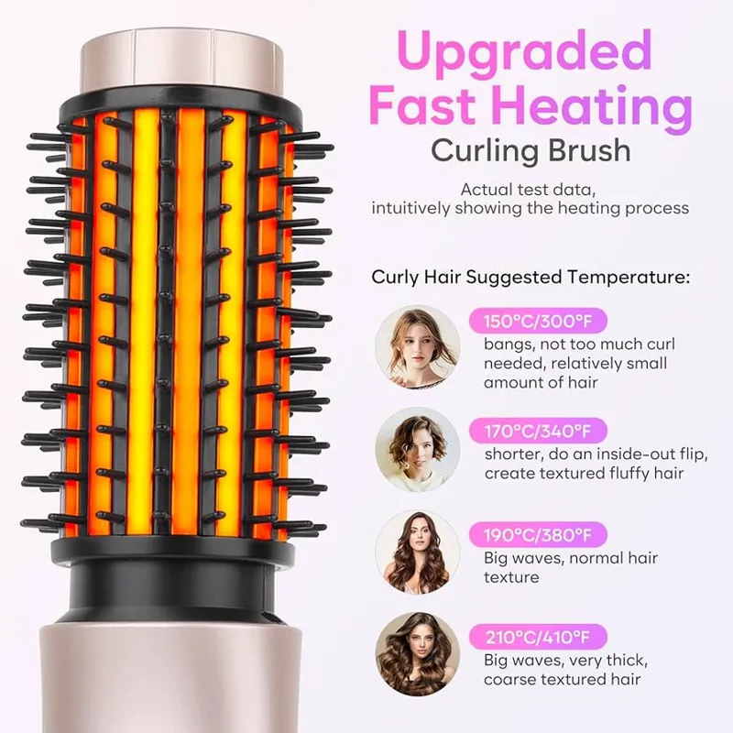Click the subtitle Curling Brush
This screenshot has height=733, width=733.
[x=531, y=151]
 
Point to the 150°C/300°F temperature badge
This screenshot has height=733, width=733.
[x=538, y=322]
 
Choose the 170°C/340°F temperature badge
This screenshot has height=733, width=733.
[x=538, y=431]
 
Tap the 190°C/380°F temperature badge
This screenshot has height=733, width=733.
[x=538, y=534]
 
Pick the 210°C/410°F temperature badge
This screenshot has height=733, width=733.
[x=538, y=637]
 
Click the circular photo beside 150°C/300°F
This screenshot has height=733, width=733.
[x=418, y=347]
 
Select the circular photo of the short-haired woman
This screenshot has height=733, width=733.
[x=418, y=450]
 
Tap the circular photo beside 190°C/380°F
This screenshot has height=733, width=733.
[x=418, y=552]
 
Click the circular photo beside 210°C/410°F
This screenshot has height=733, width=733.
[x=418, y=654]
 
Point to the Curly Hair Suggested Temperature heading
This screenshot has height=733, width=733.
[x=531, y=278]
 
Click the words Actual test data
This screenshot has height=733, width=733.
[x=529, y=190]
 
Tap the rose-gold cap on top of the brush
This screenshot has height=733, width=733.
[x=182, y=60]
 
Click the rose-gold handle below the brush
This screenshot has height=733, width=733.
[x=170, y=678]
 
